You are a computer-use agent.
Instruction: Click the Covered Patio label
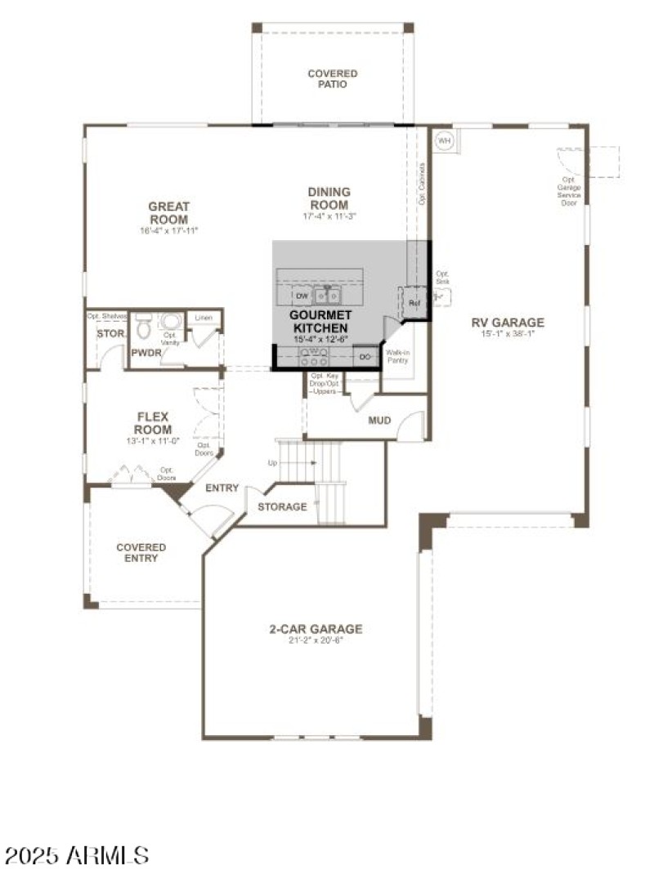332,79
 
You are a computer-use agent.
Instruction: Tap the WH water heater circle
445,140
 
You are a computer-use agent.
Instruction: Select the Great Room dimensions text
168,231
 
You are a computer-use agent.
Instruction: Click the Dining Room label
329,198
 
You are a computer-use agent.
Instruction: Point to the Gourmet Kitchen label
321,320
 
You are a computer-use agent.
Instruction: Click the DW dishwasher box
302,296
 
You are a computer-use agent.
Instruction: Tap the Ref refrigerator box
414,303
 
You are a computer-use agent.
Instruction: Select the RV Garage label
508,322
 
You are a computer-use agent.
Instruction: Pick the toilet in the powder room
143,328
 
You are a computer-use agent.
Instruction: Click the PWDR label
146,353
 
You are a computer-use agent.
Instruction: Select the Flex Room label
154,423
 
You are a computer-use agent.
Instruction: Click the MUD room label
379,421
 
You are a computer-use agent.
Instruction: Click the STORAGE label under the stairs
282,506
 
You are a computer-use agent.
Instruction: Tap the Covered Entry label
141,553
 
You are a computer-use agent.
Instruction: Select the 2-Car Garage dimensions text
316,641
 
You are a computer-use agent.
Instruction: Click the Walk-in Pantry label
398,356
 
